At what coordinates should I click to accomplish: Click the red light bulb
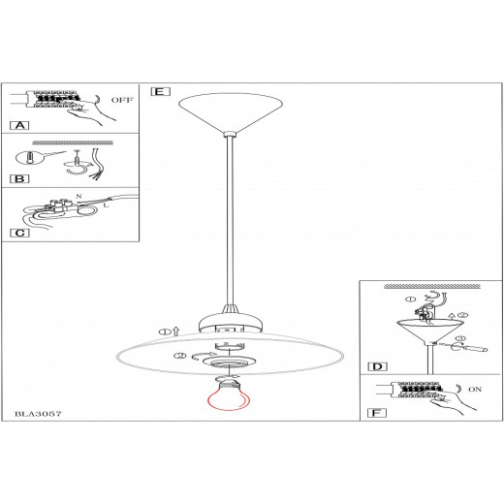[x=229, y=394]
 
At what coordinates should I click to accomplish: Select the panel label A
[x=19, y=125]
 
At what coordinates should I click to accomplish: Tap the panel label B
[x=19, y=178]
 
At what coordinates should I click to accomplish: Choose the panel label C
[x=19, y=233]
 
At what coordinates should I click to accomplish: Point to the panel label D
[x=377, y=366]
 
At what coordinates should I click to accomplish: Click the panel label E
[x=160, y=92]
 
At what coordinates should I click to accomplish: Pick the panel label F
[x=377, y=413]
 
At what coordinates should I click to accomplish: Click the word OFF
[x=122, y=100]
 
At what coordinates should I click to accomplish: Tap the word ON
[x=475, y=390]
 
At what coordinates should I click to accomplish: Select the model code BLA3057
[x=38, y=414]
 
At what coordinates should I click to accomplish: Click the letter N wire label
[x=79, y=196]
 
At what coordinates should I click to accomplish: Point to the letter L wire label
[x=106, y=205]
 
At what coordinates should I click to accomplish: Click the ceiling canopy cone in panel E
[x=231, y=113]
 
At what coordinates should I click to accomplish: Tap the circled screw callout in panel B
[x=29, y=158]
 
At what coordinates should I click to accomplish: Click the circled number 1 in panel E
[x=165, y=331]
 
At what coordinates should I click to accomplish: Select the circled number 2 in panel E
[x=180, y=356]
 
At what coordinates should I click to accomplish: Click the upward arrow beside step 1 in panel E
[x=175, y=331]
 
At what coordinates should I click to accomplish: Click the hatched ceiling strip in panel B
[x=73, y=142]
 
